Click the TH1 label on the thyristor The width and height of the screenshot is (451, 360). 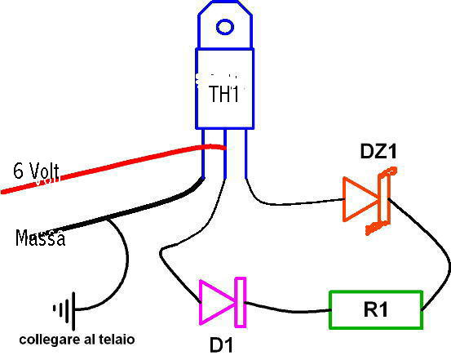(224, 94)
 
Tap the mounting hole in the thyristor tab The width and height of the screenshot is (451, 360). (224, 27)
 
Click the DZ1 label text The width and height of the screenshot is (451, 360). (378, 152)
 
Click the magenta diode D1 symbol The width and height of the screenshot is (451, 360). (223, 302)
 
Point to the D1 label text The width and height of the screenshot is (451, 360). (221, 344)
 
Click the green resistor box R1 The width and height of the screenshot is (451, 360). (376, 310)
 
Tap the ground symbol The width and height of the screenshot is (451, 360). (64, 310)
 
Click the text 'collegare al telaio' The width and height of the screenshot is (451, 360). (77, 340)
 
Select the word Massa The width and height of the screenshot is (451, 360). (40, 238)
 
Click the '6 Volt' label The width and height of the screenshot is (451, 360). (36, 171)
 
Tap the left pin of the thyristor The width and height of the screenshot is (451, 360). (203, 153)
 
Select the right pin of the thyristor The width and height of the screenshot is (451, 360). (246, 153)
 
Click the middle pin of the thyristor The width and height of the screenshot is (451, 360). (225, 153)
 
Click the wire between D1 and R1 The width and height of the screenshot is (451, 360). (288, 310)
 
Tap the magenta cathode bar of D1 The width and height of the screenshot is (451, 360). (241, 302)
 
